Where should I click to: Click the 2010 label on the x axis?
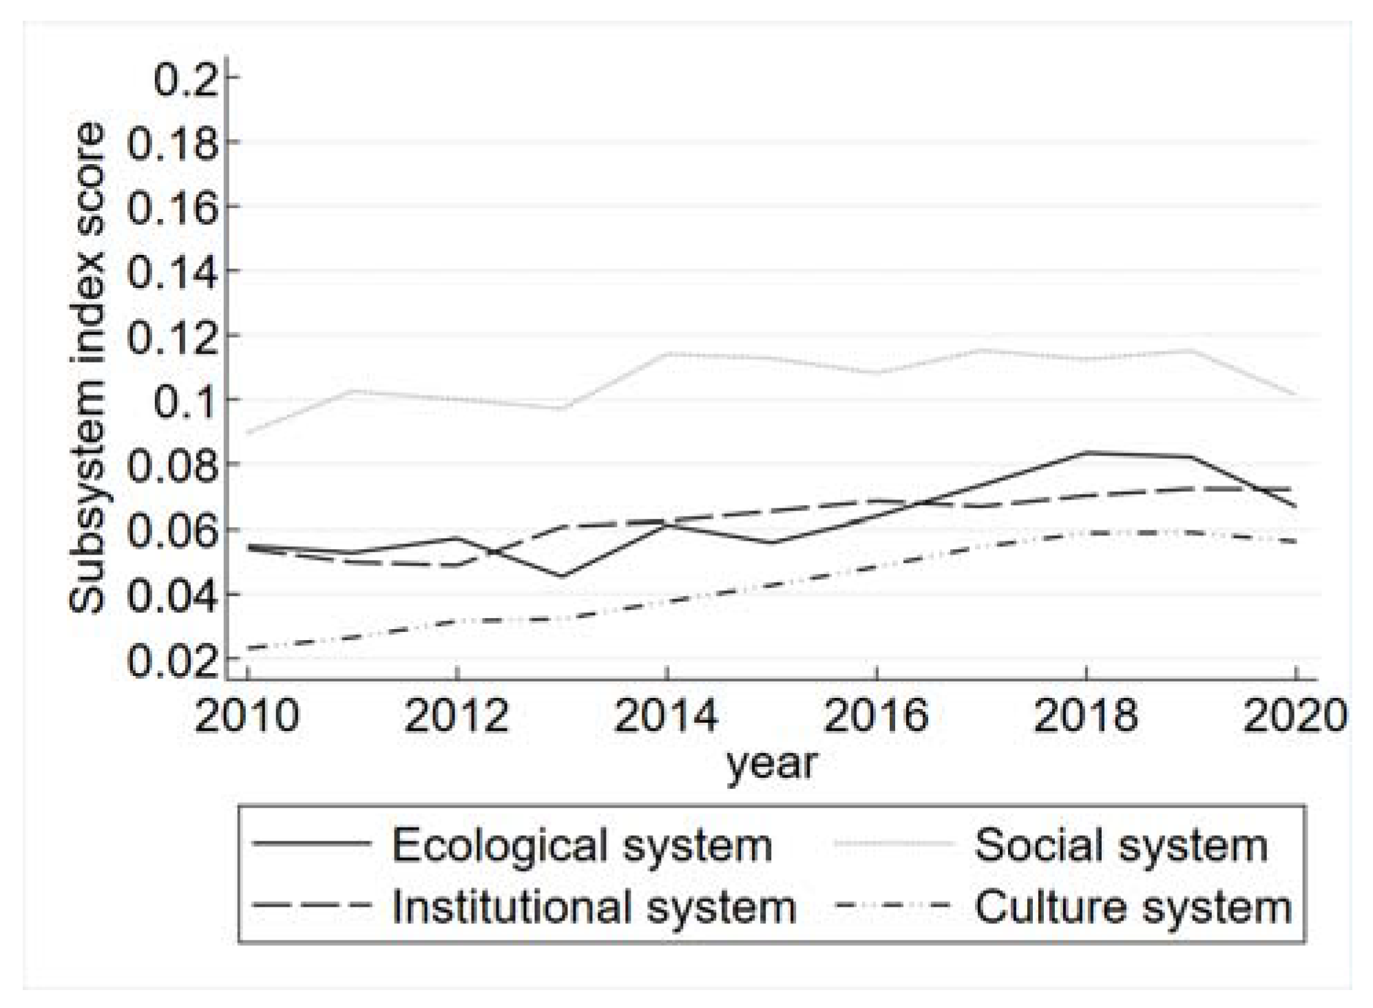pos(246,716)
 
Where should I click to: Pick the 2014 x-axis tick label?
pos(666,716)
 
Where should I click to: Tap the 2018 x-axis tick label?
pos(1086,716)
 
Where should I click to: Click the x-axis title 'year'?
pos(772,763)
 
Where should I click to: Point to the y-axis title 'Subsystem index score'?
pos(87,369)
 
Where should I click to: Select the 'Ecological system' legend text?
pos(582,845)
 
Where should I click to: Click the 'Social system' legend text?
pos(1121,845)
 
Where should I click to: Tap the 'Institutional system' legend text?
pos(594,907)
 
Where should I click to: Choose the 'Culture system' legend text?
pos(1133,907)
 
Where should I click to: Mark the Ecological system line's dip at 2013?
pos(562,576)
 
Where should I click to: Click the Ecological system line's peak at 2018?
pos(1087,452)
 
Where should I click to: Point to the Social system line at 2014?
pos(667,353)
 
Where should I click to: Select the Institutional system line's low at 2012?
pos(457,565)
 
